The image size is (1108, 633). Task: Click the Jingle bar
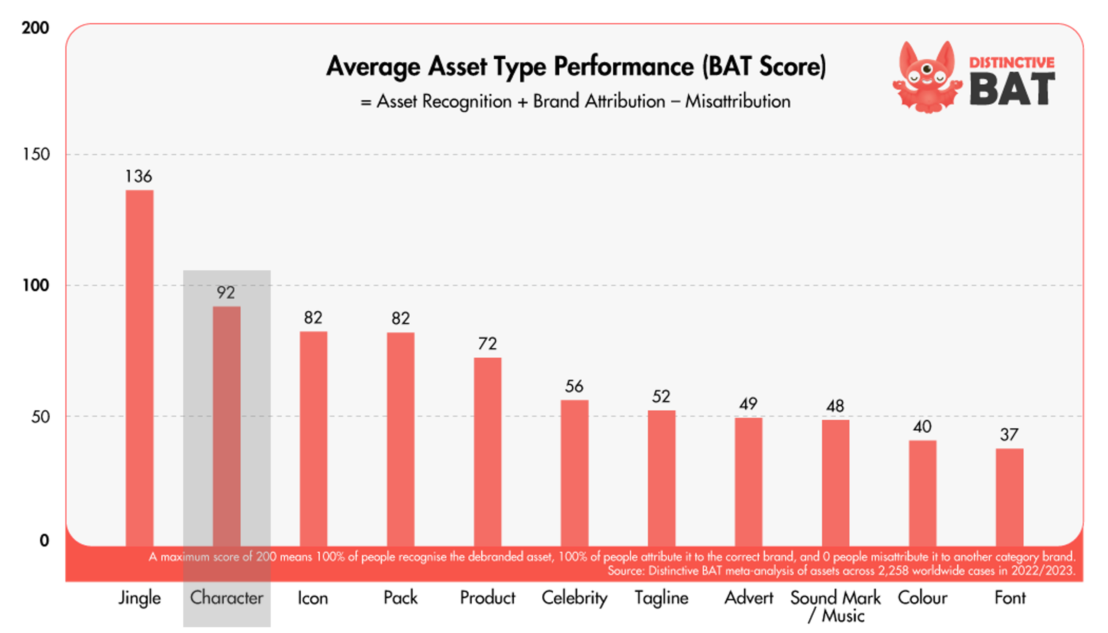tap(140, 368)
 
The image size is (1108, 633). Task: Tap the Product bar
tap(487, 452)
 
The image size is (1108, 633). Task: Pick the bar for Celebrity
tap(574, 473)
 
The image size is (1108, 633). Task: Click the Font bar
tap(1009, 498)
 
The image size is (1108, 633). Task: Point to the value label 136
tap(139, 176)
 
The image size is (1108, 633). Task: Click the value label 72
tap(487, 344)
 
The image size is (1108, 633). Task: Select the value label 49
tap(748, 404)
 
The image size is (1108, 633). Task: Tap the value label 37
tap(1009, 434)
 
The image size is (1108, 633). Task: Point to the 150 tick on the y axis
tap(36, 154)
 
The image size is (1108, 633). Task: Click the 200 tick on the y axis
tap(35, 28)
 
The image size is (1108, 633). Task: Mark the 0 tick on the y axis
tap(44, 540)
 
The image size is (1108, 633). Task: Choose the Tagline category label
tap(661, 599)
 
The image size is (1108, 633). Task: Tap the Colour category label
tap(922, 598)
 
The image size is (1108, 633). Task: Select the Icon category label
tap(312, 598)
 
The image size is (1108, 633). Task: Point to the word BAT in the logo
tap(1012, 89)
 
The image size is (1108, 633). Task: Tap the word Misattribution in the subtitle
tap(738, 101)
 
